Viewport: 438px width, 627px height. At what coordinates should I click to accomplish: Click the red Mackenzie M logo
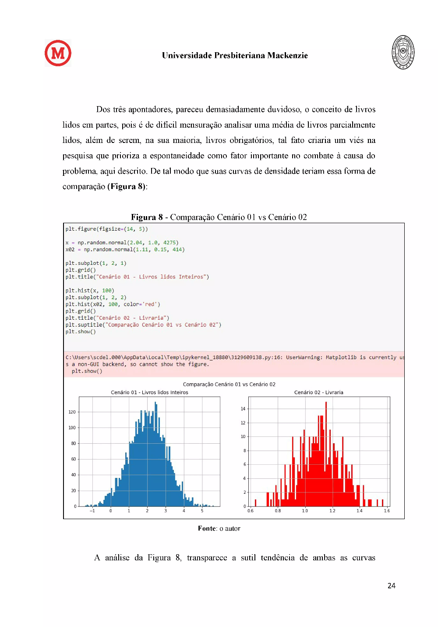(58, 53)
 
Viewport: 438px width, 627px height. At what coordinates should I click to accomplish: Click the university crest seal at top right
(403, 53)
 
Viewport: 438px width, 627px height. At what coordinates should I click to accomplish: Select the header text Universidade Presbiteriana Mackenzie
(235, 56)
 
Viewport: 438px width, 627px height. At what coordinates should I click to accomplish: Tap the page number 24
(392, 586)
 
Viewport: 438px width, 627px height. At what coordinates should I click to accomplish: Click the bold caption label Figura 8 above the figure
(147, 217)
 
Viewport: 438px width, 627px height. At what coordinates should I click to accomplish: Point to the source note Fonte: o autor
(219, 529)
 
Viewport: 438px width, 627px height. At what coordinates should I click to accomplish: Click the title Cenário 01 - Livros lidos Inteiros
(149, 392)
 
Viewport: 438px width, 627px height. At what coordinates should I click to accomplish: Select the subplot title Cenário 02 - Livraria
(318, 392)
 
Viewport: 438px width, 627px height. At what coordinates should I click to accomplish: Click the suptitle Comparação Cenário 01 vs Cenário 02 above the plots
(229, 385)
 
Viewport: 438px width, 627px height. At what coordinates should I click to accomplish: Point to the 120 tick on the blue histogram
(72, 412)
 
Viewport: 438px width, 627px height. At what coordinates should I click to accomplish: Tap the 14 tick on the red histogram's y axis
(243, 409)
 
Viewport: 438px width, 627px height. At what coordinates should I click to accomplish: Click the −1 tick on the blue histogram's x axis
(92, 511)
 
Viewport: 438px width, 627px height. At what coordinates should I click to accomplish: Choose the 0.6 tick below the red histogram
(251, 511)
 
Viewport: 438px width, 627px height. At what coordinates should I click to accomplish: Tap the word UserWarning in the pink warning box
(304, 357)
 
